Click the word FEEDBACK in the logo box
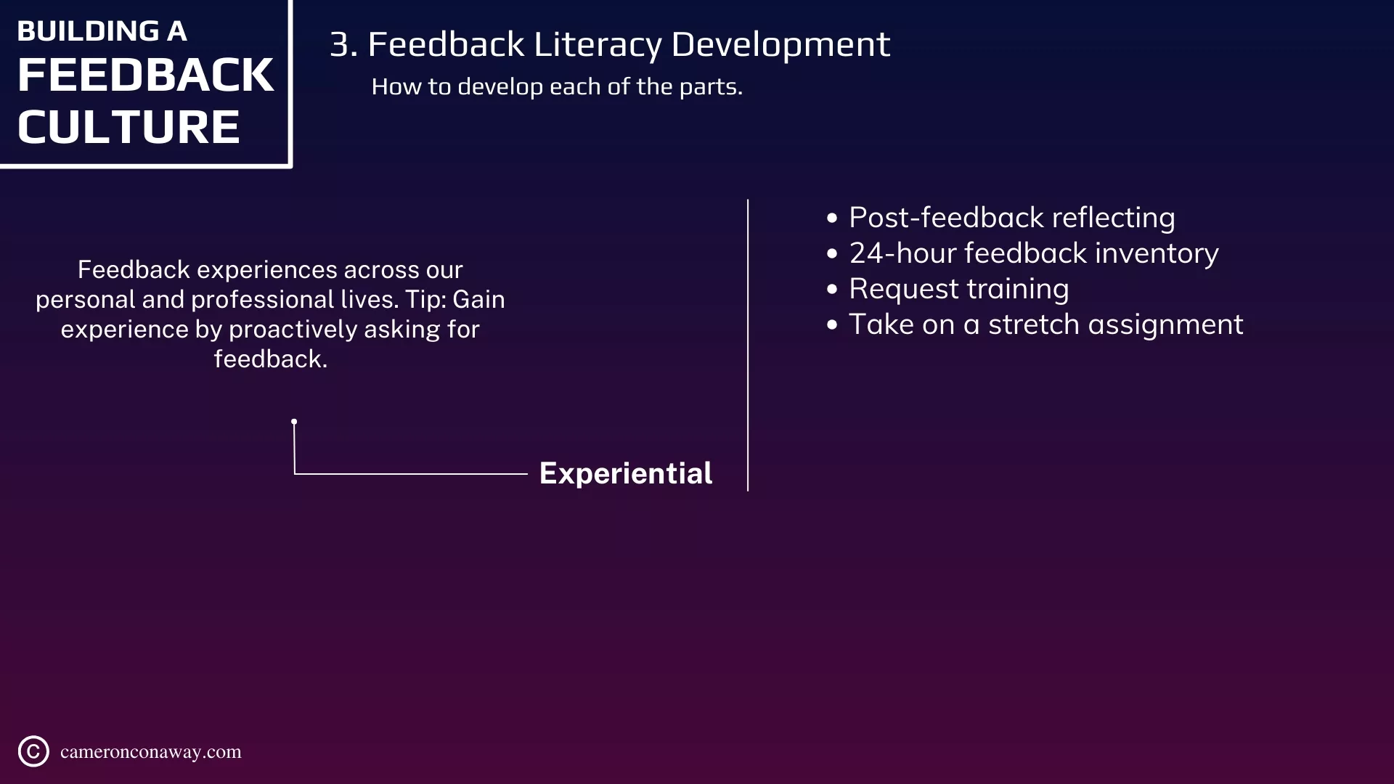pyautogui.click(x=145, y=75)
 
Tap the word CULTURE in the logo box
pyautogui.click(x=129, y=127)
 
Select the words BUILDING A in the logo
pyautogui.click(x=102, y=31)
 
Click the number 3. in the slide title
pyautogui.click(x=343, y=44)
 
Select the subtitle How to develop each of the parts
pyautogui.click(x=557, y=87)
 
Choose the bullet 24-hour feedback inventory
pyautogui.click(x=1034, y=253)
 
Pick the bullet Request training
pyautogui.click(x=959, y=290)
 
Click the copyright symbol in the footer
pyautogui.click(x=33, y=751)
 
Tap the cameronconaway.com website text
pyautogui.click(x=151, y=752)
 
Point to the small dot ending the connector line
pyautogui.click(x=294, y=422)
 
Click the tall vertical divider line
pyautogui.click(x=748, y=346)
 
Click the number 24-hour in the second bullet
pyautogui.click(x=902, y=253)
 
